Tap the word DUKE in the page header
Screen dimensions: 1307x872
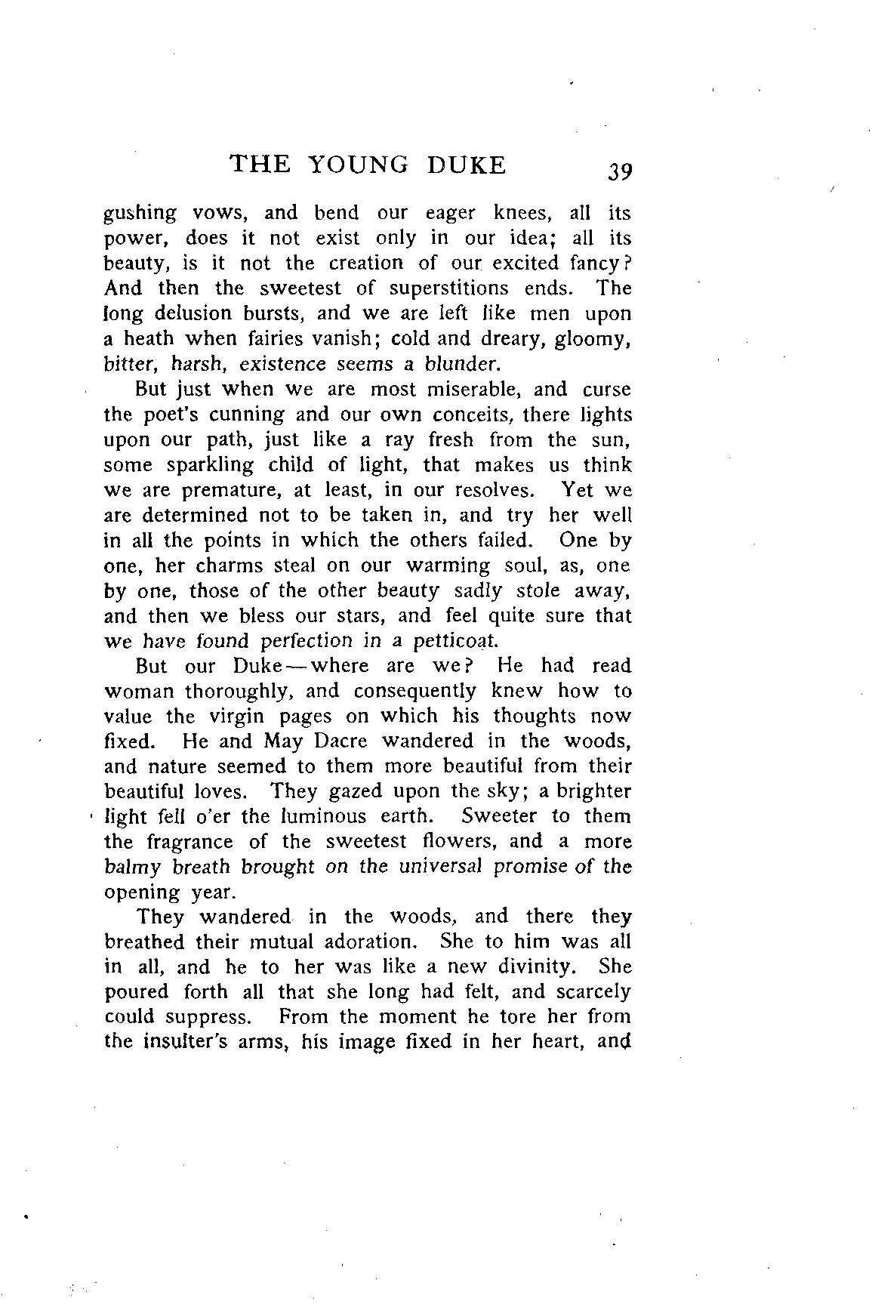pyautogui.click(x=466, y=165)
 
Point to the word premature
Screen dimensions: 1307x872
pyautogui.click(x=232, y=490)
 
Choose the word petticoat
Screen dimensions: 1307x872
pyautogui.click(x=455, y=641)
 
